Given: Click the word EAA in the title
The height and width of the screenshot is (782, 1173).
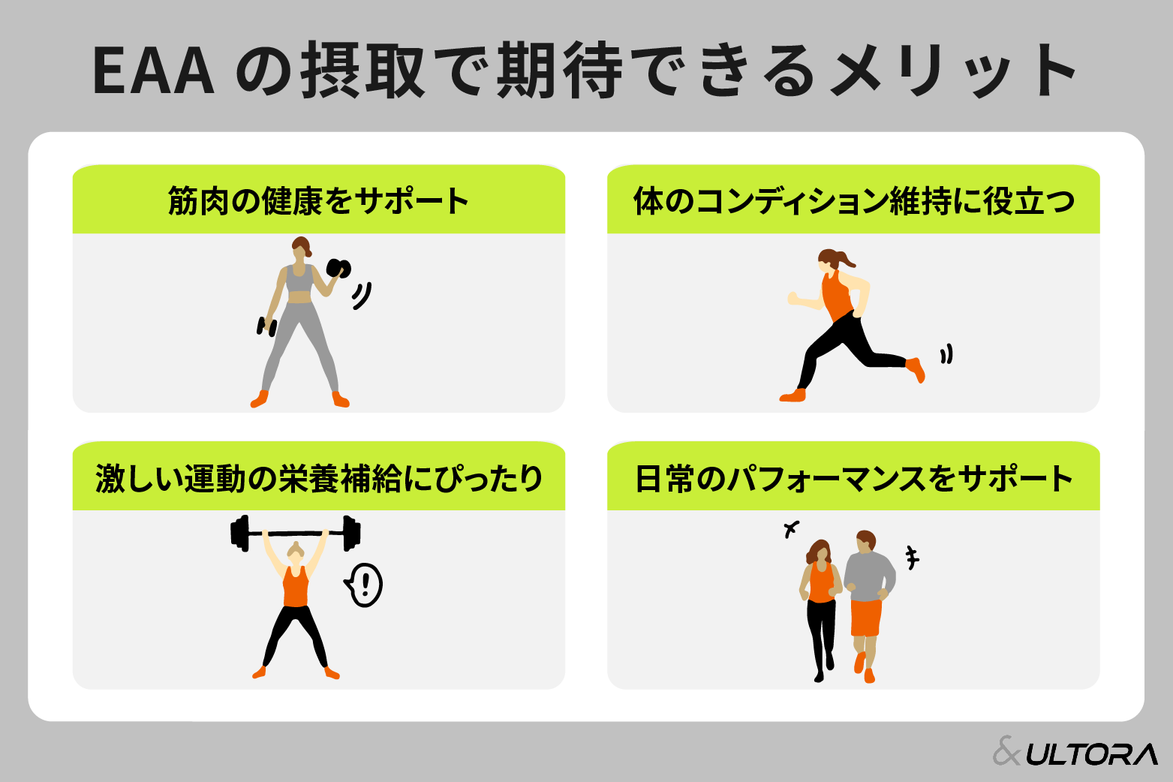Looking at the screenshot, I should pyautogui.click(x=154, y=71).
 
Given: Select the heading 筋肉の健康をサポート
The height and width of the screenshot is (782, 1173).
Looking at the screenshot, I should pyautogui.click(x=318, y=201).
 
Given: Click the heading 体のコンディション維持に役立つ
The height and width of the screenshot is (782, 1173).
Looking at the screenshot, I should pyautogui.click(x=853, y=201).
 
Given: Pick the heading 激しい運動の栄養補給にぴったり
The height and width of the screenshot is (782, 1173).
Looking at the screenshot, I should pyautogui.click(x=318, y=479).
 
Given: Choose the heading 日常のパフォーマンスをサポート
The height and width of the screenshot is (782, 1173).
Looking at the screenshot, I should pyautogui.click(x=853, y=479).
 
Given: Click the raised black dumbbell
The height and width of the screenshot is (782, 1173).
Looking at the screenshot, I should pyautogui.click(x=338, y=268).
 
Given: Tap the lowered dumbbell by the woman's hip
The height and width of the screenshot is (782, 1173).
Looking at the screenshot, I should pyautogui.click(x=266, y=326).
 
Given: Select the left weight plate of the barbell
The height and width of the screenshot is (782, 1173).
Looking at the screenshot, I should pyautogui.click(x=240, y=533).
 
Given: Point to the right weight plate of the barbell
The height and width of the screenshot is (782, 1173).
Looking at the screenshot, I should pyautogui.click(x=350, y=533).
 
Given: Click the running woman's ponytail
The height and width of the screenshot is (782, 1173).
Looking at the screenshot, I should pyautogui.click(x=846, y=260).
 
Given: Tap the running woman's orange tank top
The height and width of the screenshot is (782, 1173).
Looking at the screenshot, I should pyautogui.click(x=836, y=295).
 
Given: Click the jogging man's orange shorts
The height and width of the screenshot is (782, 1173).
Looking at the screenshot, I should pyautogui.click(x=865, y=618).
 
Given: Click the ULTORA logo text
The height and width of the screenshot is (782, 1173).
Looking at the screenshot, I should pyautogui.click(x=1092, y=754).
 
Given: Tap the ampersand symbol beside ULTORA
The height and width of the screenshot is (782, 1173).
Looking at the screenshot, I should pyautogui.click(x=1007, y=751).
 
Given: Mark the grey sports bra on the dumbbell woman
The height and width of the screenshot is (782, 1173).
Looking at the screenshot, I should pyautogui.click(x=299, y=280).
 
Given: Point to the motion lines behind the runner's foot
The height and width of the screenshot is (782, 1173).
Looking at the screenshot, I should pyautogui.click(x=946, y=353).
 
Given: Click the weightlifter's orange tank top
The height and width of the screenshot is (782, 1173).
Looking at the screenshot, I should pyautogui.click(x=296, y=588).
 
